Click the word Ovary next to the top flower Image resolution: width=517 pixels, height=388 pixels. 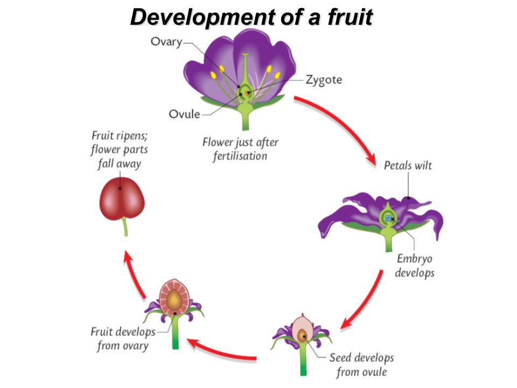coord(166,42)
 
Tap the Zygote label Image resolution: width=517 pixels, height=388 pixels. coord(324,80)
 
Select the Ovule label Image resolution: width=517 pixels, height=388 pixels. coord(184,114)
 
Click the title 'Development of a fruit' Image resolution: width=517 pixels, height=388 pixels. coord(251,17)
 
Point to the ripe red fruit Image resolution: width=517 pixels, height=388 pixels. coord(122,199)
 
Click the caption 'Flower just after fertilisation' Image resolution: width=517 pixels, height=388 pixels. coord(240,149)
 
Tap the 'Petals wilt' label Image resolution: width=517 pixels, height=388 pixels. coord(408,165)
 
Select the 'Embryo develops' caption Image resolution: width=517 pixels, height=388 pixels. coord(415,266)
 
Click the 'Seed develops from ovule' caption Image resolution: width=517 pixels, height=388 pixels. coord(361,365)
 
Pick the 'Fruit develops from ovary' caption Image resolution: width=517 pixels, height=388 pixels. coord(123,339)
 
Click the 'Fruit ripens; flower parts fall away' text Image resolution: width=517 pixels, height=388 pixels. coord(120,149)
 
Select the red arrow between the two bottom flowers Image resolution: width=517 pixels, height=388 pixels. coord(221,351)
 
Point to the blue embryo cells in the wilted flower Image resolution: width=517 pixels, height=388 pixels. coord(388,218)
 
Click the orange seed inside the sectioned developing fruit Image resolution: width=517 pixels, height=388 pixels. coord(174,300)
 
